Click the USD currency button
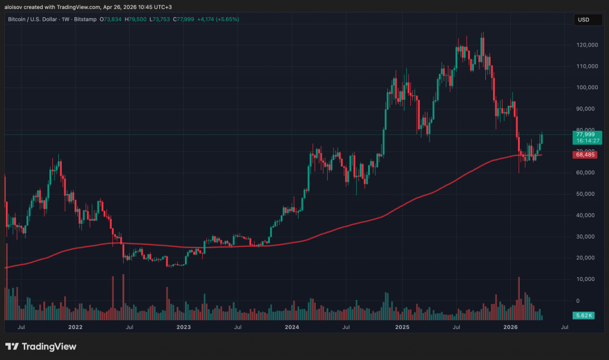click(x=583, y=20)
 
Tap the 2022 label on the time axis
click(x=76, y=327)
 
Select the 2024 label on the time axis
click(x=292, y=327)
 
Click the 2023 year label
click(x=184, y=327)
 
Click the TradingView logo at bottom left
click(x=41, y=346)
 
